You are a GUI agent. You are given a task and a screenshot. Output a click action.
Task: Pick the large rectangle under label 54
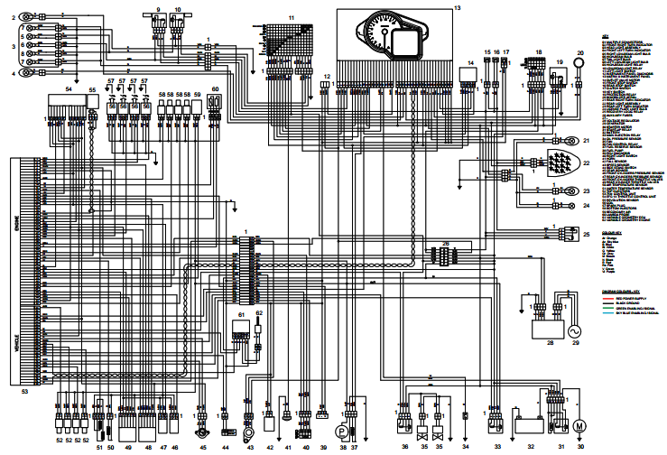click(64, 114)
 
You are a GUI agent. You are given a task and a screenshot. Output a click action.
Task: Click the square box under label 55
click(92, 115)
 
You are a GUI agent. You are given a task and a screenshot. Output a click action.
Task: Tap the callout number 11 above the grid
click(292, 18)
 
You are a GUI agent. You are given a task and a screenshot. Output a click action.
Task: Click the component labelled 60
click(215, 103)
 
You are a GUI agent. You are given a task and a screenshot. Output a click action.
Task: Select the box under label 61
click(241, 336)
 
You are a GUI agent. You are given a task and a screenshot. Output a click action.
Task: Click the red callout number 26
click(445, 243)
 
